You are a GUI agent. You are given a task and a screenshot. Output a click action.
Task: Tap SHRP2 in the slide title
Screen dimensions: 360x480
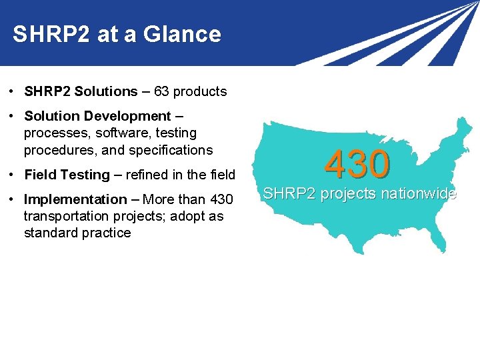(51, 34)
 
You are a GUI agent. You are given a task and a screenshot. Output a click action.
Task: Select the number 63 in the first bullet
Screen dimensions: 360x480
(161, 92)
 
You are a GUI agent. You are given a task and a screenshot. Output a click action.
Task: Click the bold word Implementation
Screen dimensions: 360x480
(75, 199)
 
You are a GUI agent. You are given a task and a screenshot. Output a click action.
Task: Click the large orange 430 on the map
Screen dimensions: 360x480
(357, 165)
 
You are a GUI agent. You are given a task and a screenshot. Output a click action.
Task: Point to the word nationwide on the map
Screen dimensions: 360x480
(418, 194)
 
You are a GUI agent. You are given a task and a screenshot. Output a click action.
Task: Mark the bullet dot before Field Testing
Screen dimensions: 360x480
(13, 175)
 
